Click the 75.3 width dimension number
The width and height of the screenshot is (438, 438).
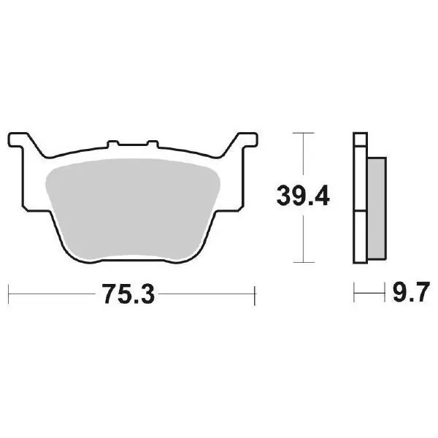point(128,294)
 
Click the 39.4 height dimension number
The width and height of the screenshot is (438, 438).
point(303,196)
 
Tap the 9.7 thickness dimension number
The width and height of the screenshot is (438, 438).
point(411,292)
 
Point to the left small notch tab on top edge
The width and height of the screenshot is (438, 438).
point(113,144)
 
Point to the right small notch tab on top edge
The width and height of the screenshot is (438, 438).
point(153,144)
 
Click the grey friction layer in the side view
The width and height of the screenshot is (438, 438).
point(377,208)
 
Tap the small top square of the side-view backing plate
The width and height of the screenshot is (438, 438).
point(361,139)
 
